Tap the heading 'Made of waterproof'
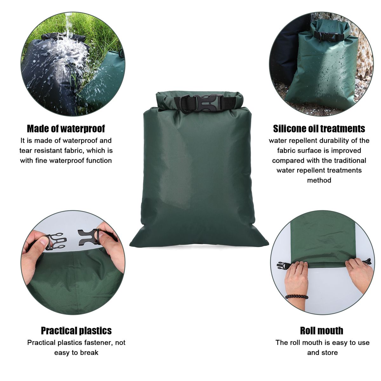66,129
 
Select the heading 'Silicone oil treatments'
319,129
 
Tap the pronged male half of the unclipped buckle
56,241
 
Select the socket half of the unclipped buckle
88,236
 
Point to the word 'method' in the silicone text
319,180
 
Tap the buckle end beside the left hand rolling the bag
283,265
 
